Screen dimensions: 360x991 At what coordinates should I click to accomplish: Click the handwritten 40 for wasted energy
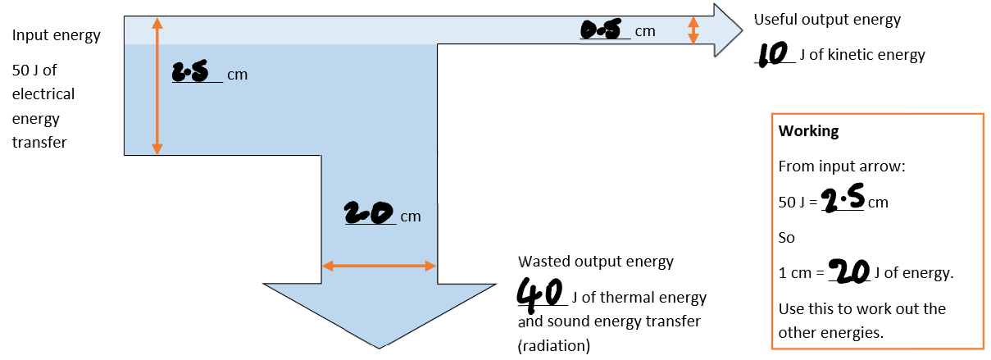[x=539, y=292]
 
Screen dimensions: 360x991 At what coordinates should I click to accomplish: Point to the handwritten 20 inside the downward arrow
[x=371, y=213]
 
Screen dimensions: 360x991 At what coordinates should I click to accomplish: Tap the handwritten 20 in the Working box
[x=848, y=271]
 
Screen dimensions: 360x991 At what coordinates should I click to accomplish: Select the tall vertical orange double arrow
[x=157, y=86]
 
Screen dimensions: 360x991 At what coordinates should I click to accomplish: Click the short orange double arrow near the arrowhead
[x=693, y=31]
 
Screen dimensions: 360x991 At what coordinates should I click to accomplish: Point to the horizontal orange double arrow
[x=379, y=266]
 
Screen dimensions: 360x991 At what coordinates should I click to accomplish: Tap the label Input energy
[x=57, y=35]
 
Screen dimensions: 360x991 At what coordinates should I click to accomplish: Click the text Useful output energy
[x=827, y=20]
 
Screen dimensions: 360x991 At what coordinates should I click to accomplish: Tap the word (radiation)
[x=554, y=345]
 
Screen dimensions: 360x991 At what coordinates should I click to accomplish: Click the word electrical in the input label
[x=43, y=93]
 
